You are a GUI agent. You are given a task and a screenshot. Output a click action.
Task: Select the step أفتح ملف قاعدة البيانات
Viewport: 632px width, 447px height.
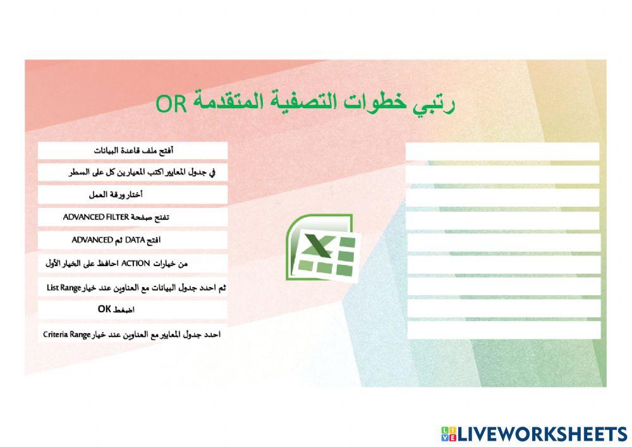click(133, 150)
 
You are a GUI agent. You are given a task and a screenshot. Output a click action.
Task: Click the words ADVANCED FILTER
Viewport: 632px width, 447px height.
click(96, 217)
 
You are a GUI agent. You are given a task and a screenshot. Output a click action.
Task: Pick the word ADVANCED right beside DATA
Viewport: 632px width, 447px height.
click(92, 240)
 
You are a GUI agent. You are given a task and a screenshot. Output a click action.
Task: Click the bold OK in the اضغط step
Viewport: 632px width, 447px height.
click(105, 310)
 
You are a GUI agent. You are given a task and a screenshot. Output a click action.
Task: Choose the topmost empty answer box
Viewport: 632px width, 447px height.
click(502, 152)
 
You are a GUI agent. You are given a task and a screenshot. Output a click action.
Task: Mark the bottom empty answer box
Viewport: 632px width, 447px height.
click(503, 330)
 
